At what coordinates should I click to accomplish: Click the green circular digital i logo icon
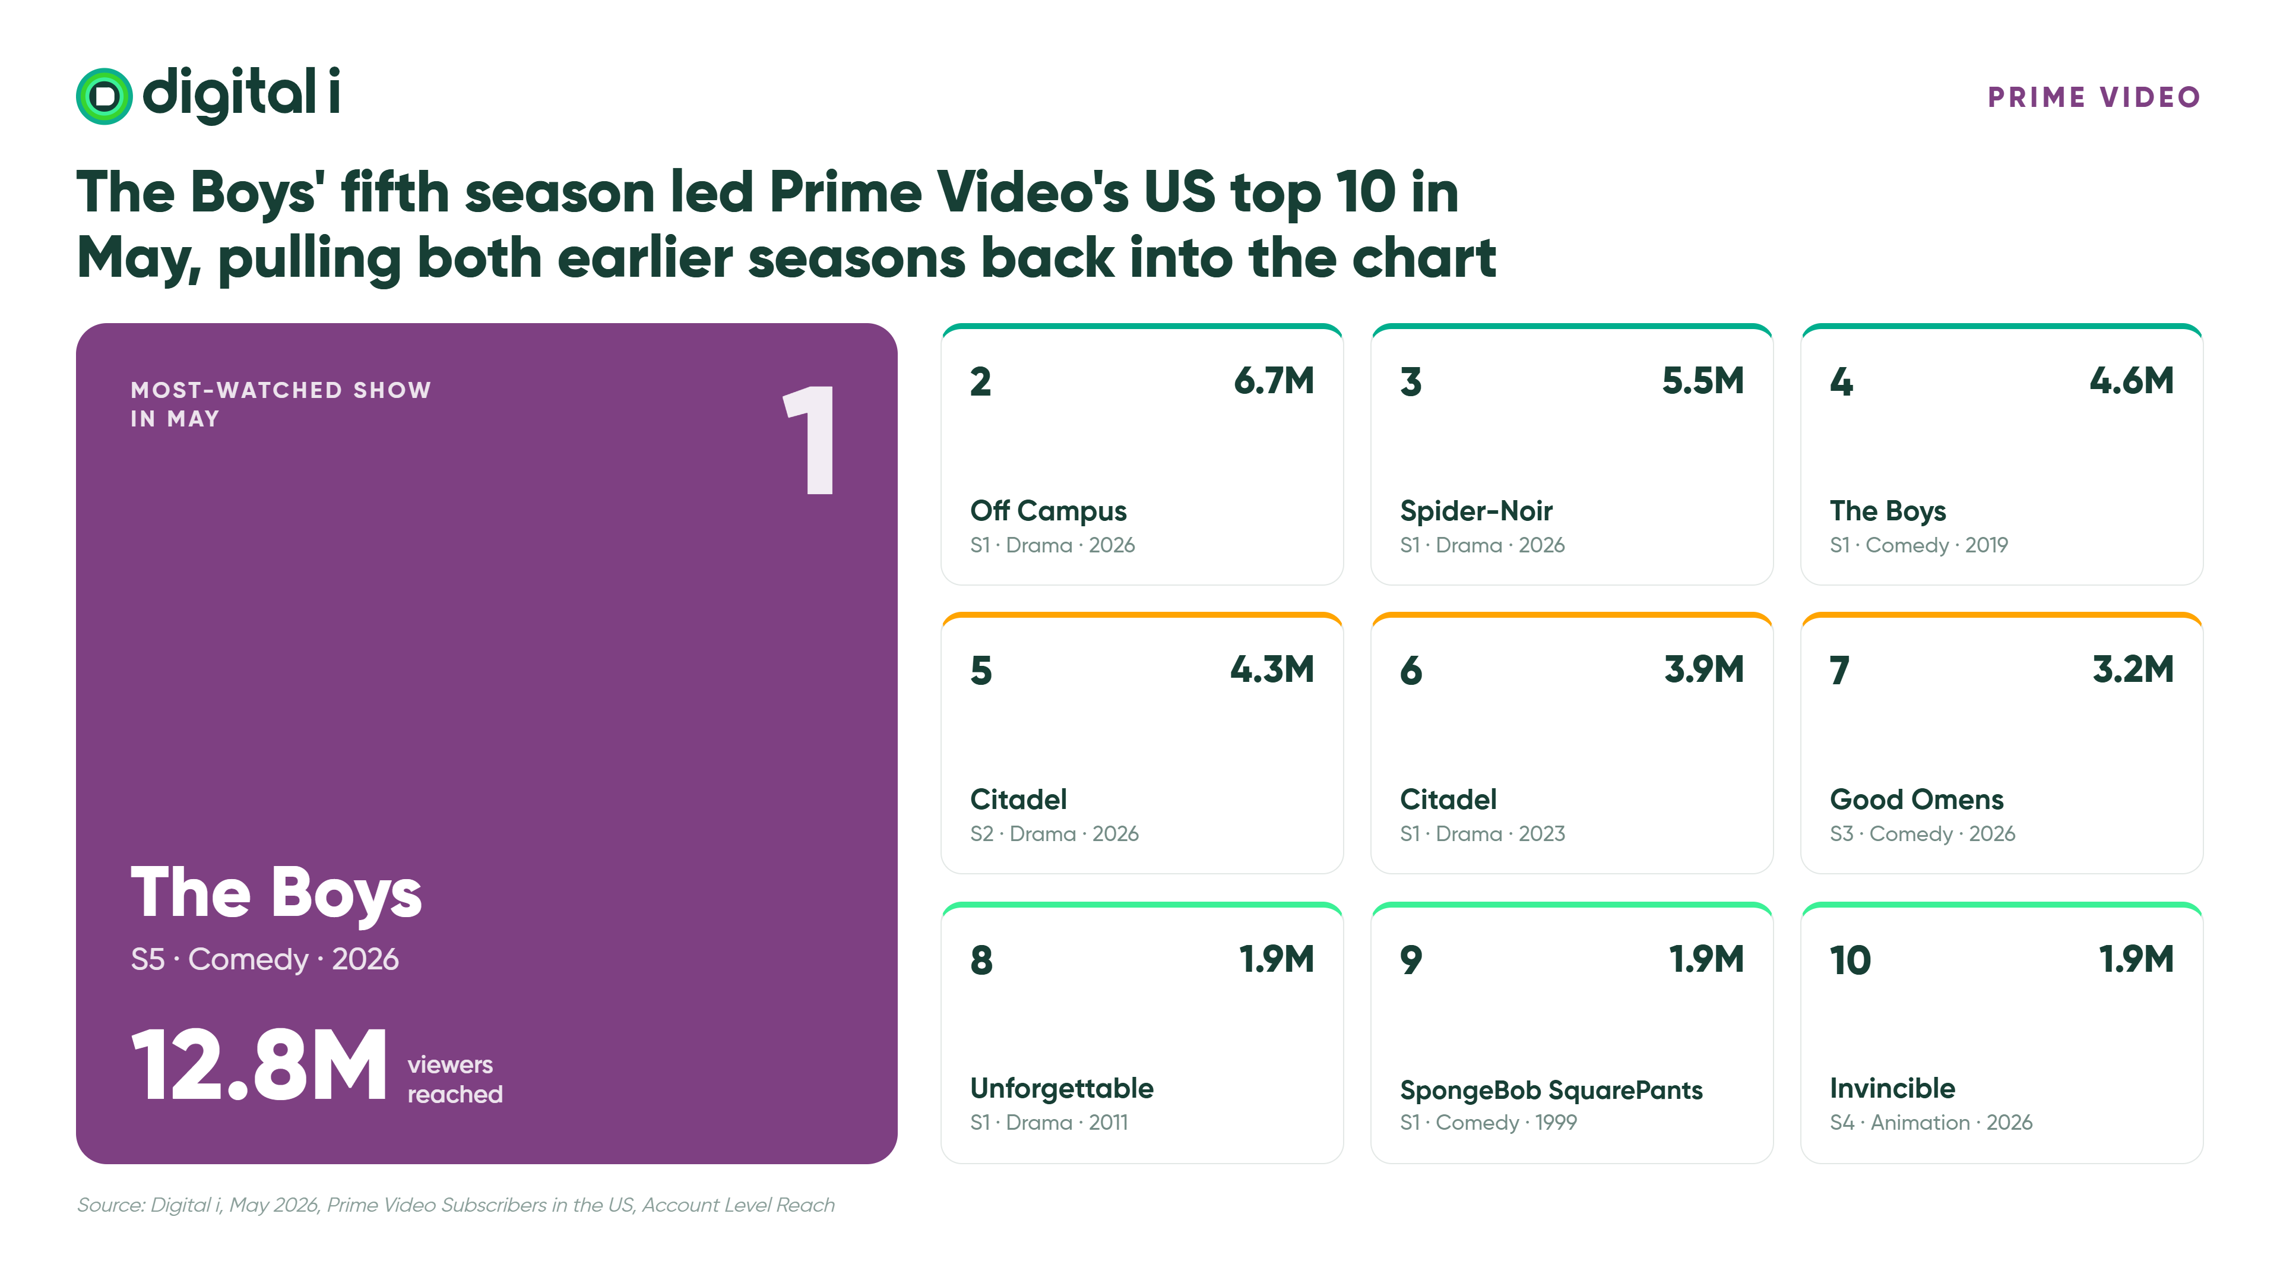(x=104, y=96)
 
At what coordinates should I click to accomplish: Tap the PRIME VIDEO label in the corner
(x=2094, y=97)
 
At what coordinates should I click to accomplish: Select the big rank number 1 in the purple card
(x=810, y=440)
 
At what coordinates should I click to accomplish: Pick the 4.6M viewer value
(x=2132, y=381)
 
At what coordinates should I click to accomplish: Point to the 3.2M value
(x=2133, y=669)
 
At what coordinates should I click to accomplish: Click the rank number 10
(x=1850, y=960)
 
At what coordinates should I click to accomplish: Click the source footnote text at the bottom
(x=456, y=1205)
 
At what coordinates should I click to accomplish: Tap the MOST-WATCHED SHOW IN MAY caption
(x=281, y=405)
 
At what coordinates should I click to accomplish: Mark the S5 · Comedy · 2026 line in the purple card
(x=265, y=959)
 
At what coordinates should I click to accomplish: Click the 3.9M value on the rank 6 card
(x=1704, y=669)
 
